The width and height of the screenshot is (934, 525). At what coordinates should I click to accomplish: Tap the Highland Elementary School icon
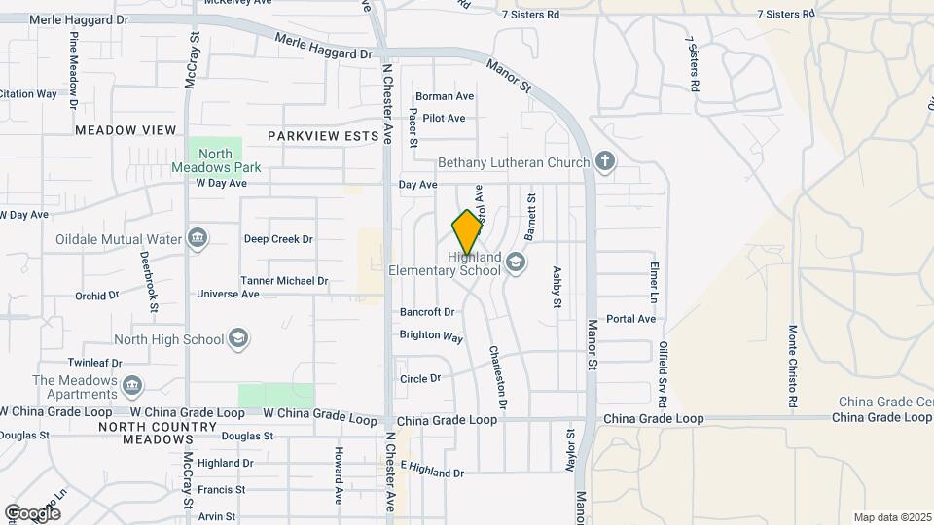click(516, 262)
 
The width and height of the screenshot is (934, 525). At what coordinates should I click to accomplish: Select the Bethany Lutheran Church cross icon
click(605, 161)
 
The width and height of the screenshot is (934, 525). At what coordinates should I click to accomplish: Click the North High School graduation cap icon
click(237, 339)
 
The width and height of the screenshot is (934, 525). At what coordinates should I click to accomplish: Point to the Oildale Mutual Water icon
click(198, 239)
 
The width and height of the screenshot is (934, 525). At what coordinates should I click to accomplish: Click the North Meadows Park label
click(216, 160)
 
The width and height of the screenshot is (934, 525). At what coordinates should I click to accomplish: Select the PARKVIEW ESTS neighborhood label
click(322, 137)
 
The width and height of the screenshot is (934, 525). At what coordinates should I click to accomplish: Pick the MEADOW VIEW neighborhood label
click(126, 130)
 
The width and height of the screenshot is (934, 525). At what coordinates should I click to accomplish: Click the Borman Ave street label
click(445, 96)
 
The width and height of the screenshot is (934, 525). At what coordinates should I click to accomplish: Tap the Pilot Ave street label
click(445, 119)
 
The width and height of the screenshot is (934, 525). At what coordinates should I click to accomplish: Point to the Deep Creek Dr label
click(278, 239)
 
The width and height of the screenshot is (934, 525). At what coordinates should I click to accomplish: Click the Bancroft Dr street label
click(427, 312)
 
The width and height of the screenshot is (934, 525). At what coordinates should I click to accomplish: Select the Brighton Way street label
click(431, 335)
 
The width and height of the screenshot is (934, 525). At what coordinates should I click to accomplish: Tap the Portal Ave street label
click(630, 319)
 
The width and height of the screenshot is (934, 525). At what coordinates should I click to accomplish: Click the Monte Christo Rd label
click(793, 367)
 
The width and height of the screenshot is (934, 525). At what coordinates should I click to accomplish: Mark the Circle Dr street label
click(420, 378)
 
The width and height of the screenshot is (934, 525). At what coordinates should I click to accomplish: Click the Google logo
click(32, 512)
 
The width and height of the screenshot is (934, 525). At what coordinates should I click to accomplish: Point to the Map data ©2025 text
click(891, 517)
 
